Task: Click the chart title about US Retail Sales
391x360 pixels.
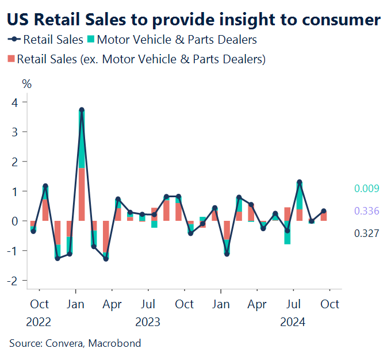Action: tap(193, 20)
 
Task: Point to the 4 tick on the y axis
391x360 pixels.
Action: tap(15, 102)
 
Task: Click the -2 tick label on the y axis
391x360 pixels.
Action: tap(14, 280)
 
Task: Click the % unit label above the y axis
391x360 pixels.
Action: tap(27, 83)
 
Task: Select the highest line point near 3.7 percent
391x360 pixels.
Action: tap(82, 110)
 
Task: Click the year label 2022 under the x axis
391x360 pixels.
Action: tap(39, 321)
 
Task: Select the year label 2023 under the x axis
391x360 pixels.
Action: tap(148, 321)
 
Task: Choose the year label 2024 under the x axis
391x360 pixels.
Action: tap(293, 321)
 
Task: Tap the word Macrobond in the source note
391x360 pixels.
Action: tap(113, 343)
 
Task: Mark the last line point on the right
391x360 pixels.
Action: tap(324, 211)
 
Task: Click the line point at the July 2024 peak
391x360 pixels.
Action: tap(300, 182)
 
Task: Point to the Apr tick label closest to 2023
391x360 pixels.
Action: tap(112, 304)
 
